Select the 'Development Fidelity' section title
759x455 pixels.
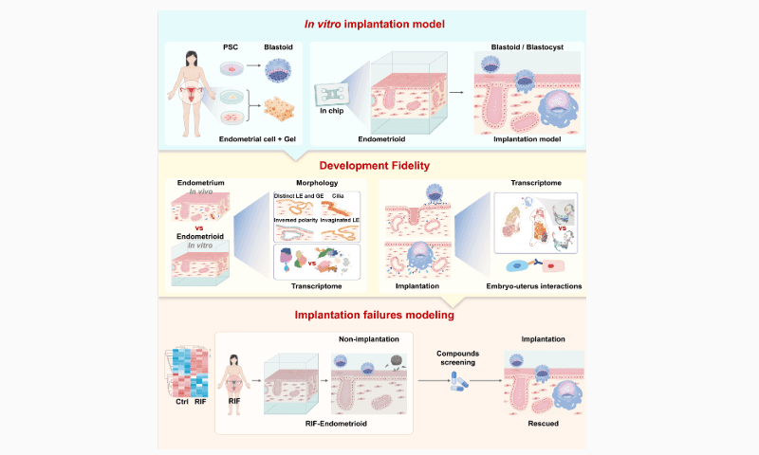tap(379, 165)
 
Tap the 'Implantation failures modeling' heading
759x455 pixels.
tap(379, 315)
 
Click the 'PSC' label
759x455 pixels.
tap(231, 47)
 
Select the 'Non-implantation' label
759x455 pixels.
tap(367, 337)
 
